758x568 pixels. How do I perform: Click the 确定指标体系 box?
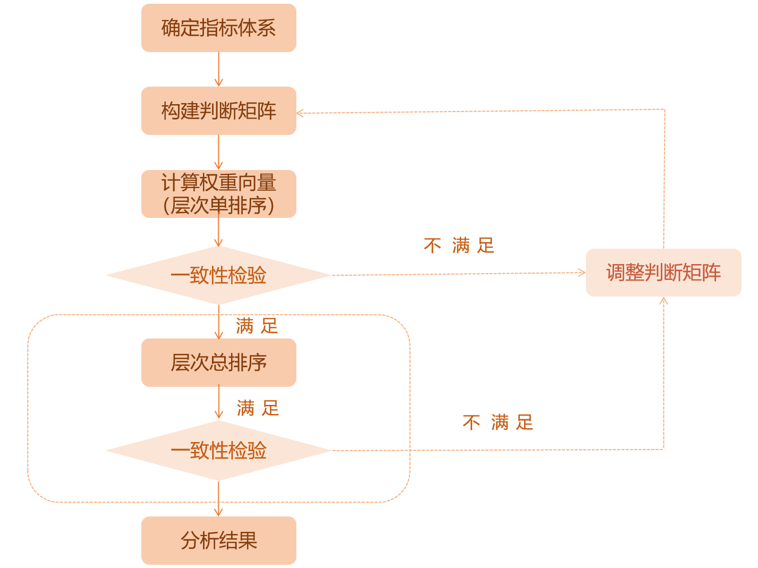(218, 28)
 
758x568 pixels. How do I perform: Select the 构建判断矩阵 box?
(218, 111)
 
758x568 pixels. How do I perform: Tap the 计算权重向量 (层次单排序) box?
(218, 194)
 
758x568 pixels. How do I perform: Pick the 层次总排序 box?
(218, 362)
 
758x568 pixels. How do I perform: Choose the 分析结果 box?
(218, 540)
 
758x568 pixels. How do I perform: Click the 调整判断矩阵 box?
(663, 273)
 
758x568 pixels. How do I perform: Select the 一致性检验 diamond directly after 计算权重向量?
(218, 275)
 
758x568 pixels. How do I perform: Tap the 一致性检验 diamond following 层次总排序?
(218, 451)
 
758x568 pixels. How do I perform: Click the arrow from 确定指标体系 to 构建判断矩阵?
(218, 70)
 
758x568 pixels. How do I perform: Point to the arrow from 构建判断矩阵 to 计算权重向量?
(218, 152)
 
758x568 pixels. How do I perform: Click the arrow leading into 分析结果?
(218, 499)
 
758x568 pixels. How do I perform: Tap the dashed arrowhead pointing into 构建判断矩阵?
(300, 113)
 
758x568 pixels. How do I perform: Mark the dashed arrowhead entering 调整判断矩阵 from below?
(663, 301)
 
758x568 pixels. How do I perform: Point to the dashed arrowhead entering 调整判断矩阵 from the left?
(582, 273)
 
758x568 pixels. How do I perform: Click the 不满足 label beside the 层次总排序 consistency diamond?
(498, 423)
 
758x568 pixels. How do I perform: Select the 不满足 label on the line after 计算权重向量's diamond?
(459, 245)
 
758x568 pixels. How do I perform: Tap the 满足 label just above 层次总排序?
(257, 326)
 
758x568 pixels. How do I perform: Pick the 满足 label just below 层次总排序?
(258, 408)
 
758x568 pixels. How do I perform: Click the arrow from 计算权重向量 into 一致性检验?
(218, 232)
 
